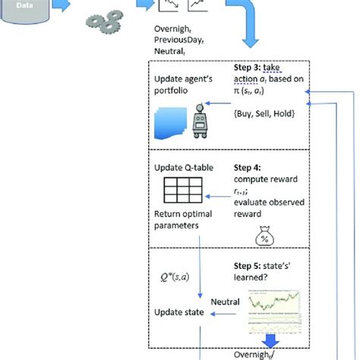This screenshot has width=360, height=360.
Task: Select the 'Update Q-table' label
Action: (x=181, y=166)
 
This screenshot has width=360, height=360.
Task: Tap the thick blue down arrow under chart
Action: (x=270, y=339)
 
